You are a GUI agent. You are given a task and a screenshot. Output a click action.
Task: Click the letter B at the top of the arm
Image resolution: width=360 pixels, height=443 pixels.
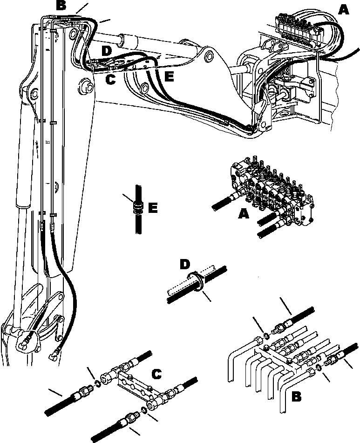pyautogui.click(x=61, y=6)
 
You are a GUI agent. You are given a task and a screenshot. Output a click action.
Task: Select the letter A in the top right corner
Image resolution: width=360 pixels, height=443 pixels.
pyautogui.click(x=343, y=9)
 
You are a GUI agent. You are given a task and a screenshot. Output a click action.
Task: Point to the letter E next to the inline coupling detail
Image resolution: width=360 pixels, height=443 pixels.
pyautogui.click(x=152, y=207)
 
